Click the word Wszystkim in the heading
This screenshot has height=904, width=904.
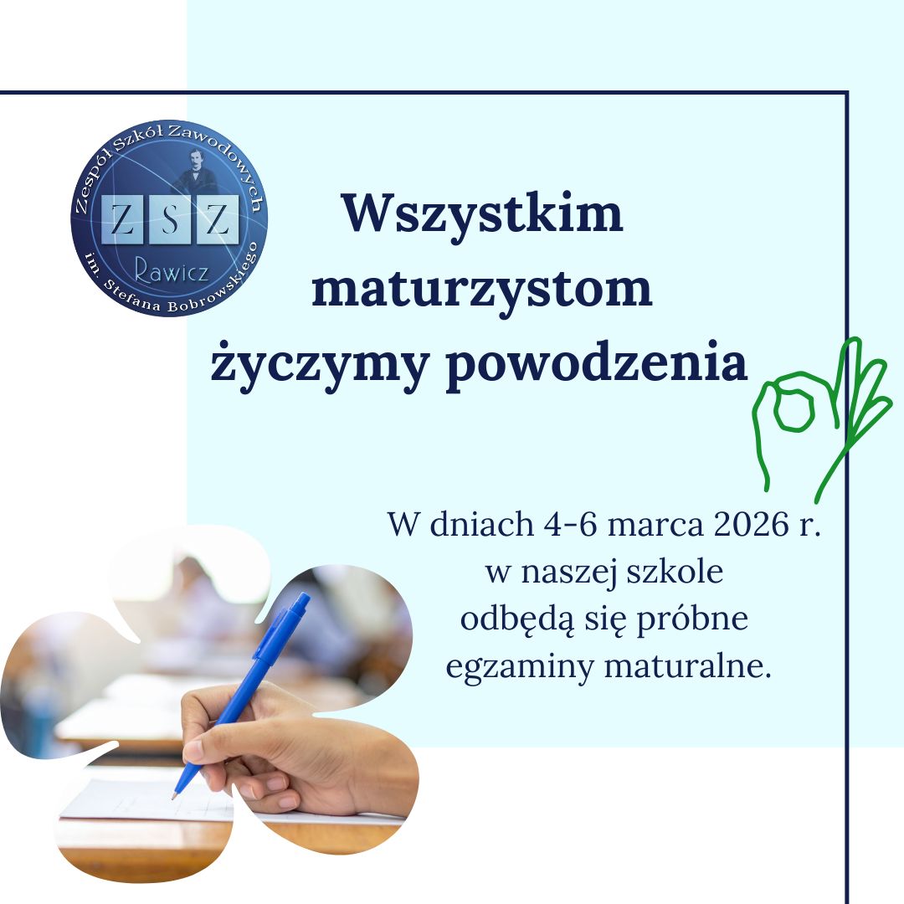pos(483,214)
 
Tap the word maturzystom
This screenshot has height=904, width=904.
pos(481,290)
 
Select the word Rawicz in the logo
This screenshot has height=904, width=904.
pos(172,269)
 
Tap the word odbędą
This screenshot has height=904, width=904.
pos(516,621)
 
